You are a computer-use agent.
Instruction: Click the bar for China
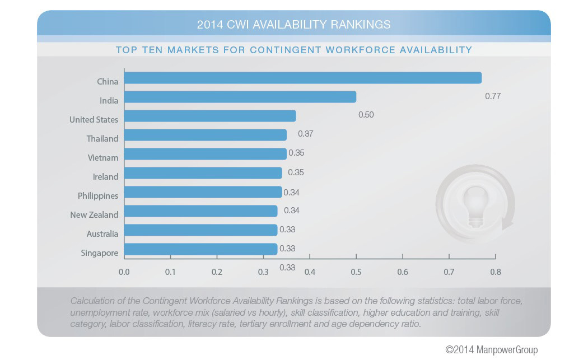tap(302, 78)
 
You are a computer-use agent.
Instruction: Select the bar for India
tap(240, 97)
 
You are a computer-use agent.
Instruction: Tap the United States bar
tap(209, 116)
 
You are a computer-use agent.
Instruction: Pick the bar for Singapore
tap(200, 249)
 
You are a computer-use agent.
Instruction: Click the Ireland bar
tap(203, 173)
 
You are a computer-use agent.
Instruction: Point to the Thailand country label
tap(102, 138)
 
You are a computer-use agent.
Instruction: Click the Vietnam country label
tap(103, 157)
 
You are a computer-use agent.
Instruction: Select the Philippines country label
tap(98, 195)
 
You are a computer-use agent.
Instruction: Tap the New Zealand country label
tap(94, 214)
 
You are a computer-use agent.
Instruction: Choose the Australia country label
tap(102, 233)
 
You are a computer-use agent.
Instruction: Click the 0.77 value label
tap(493, 96)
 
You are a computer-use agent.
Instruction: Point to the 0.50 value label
tap(366, 115)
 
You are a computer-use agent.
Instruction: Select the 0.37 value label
tap(305, 134)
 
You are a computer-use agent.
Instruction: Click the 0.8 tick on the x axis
tap(495, 272)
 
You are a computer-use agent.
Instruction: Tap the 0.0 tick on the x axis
tap(124, 272)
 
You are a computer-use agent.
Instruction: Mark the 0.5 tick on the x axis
tap(356, 272)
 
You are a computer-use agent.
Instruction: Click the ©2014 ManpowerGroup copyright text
tap(491, 349)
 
